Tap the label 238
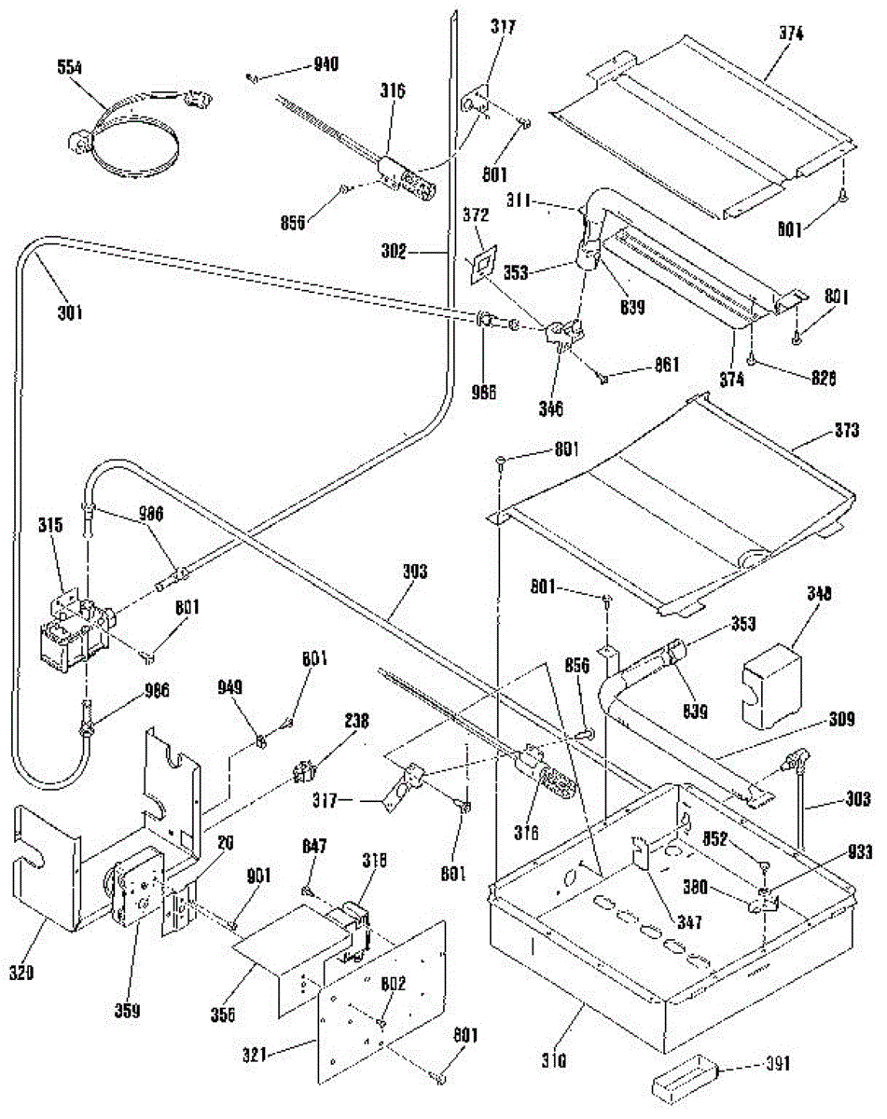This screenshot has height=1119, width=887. pyautogui.click(x=357, y=721)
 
